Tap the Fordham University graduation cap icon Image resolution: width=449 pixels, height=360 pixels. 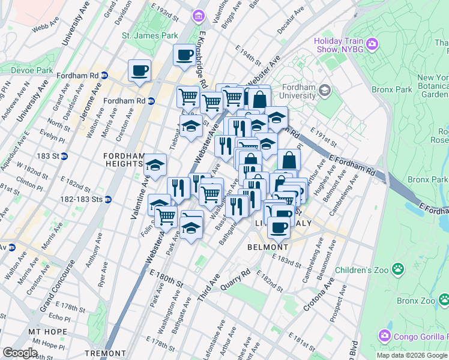coord(325,91)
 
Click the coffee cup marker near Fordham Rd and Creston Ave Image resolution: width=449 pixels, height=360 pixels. coord(139,71)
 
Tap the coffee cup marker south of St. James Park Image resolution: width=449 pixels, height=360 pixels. coord(184,55)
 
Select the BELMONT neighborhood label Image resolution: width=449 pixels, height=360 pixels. coord(268,247)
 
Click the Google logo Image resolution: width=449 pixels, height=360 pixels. coord(20,353)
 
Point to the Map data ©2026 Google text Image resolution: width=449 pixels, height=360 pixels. coord(412,355)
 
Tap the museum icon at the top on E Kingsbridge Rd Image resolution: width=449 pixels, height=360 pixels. coord(197,15)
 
